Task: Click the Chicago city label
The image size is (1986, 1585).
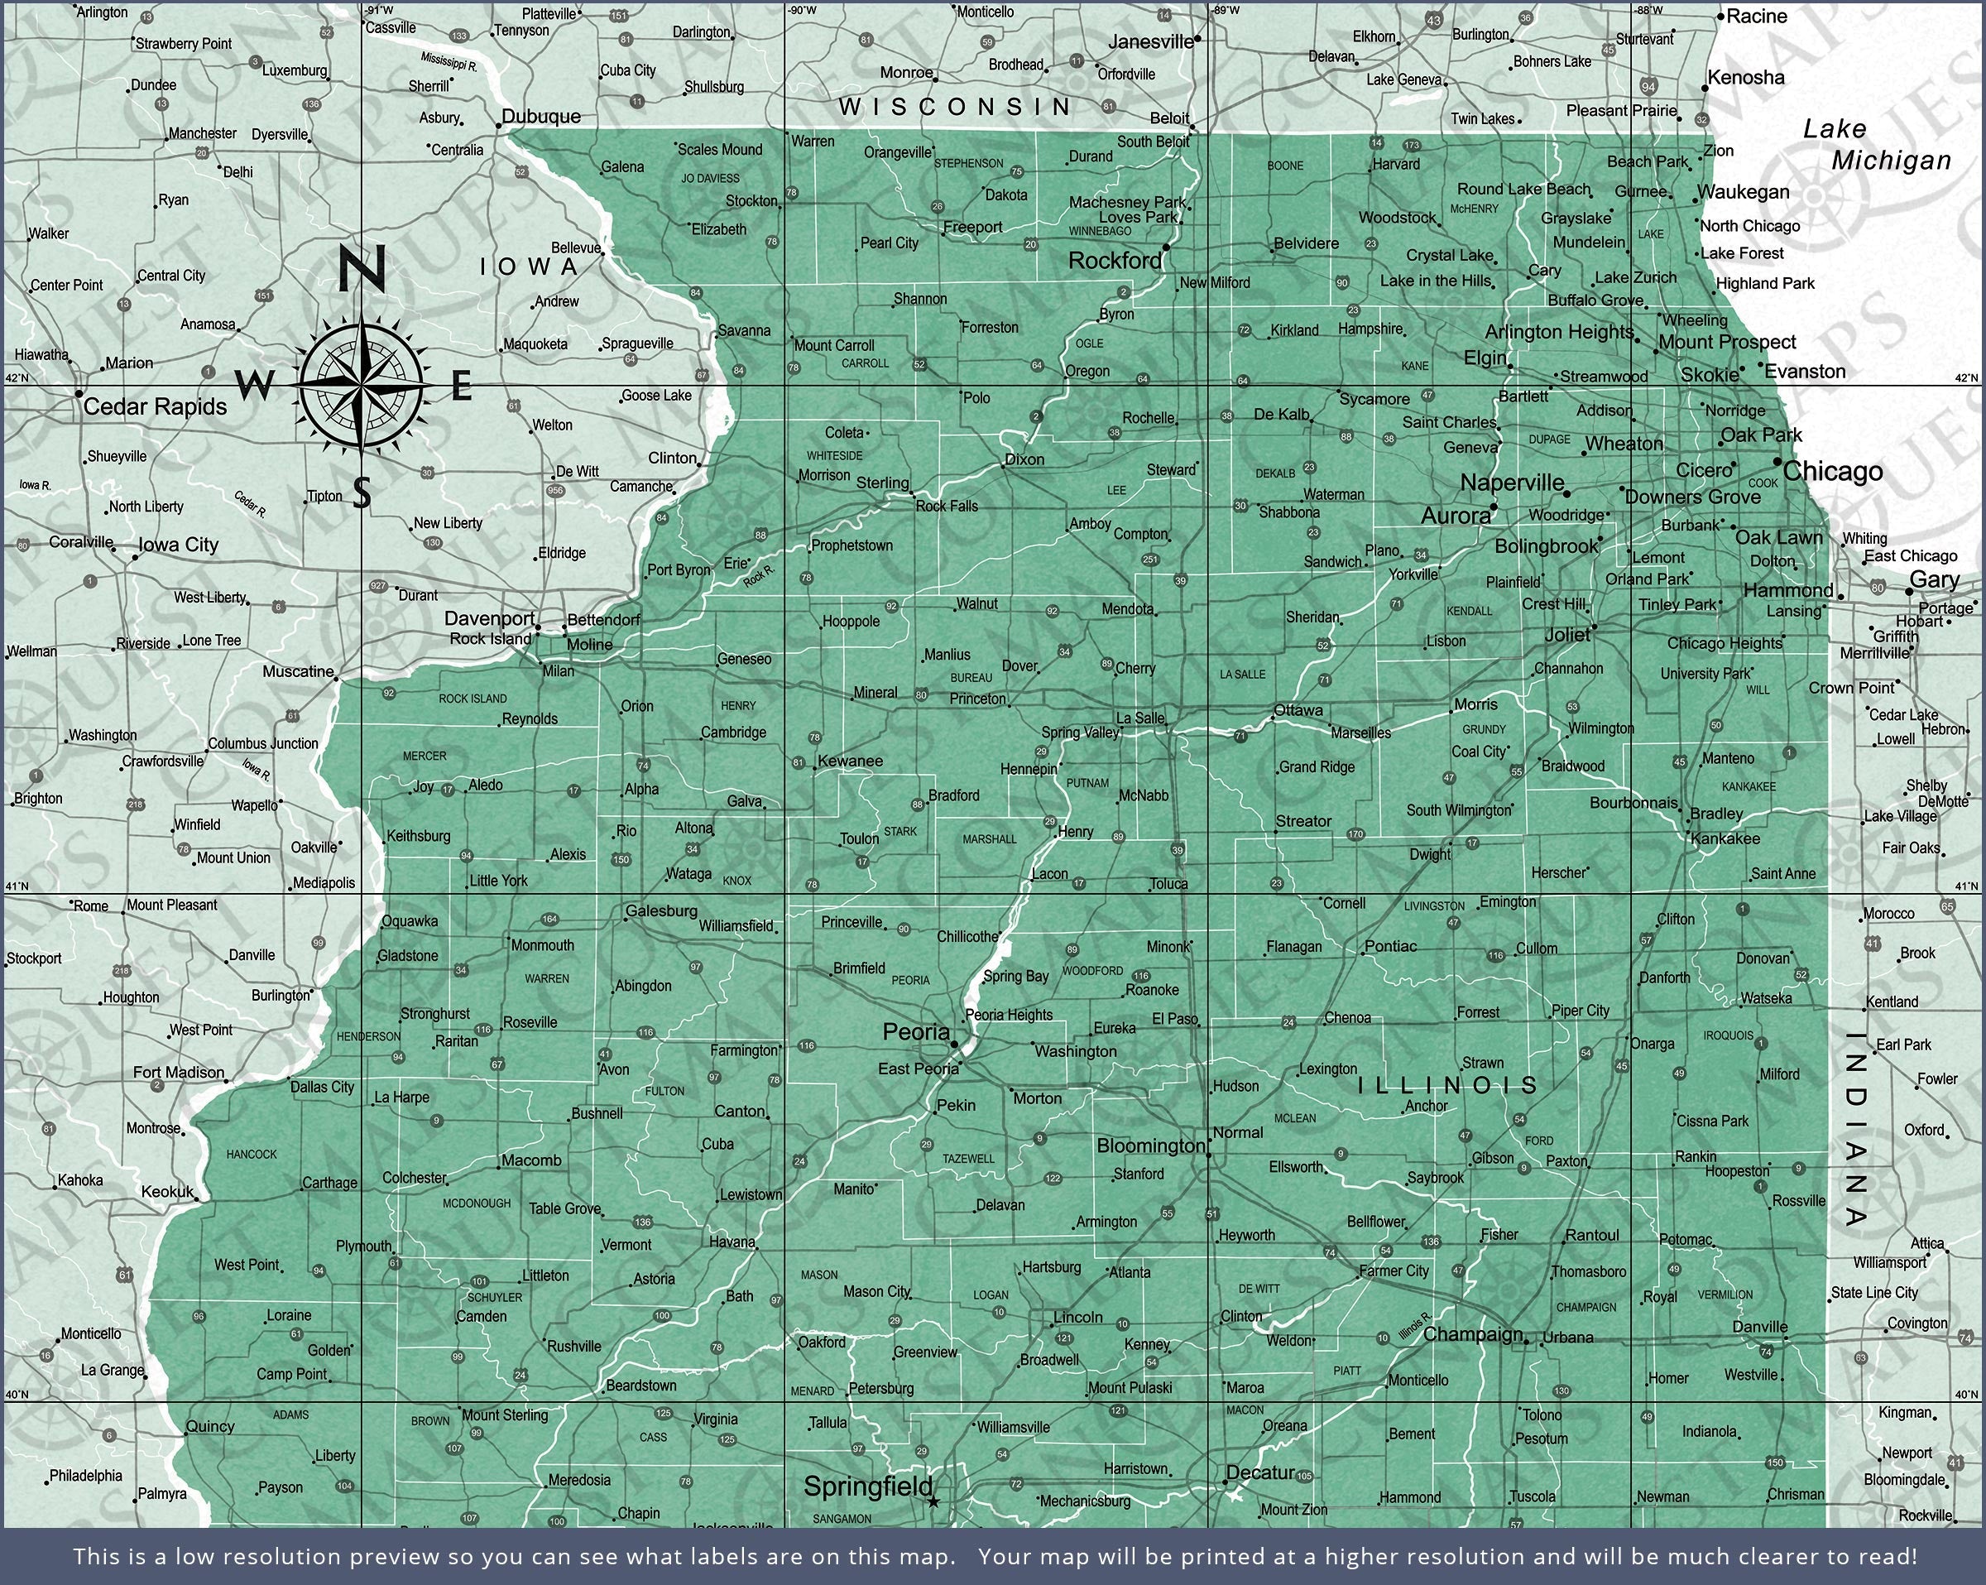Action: pos(1832,472)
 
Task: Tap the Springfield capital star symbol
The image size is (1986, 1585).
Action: pos(933,1502)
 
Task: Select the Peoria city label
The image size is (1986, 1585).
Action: pos(915,1032)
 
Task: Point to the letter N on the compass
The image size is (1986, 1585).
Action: pos(361,269)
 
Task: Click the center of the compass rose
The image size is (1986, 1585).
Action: pos(362,384)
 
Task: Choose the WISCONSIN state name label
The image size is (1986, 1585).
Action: pos(955,107)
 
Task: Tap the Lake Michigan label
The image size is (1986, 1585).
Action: pos(1877,146)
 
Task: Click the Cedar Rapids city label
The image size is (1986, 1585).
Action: pos(155,406)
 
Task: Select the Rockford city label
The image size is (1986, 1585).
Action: pos(1115,261)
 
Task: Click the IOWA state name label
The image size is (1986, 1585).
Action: pos(530,267)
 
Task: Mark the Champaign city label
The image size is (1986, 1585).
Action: pos(1472,1334)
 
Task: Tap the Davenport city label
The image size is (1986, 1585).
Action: pos(489,618)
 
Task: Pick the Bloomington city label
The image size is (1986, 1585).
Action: pos(1150,1146)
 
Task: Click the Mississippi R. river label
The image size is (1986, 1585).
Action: pos(449,62)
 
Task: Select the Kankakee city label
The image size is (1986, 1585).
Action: pos(1725,838)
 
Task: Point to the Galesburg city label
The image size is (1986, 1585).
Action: pos(661,911)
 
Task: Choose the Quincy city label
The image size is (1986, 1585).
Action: pos(210,1427)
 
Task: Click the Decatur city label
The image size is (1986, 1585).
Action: pos(1261,1472)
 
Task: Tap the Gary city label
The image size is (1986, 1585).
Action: pos(1934,579)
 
